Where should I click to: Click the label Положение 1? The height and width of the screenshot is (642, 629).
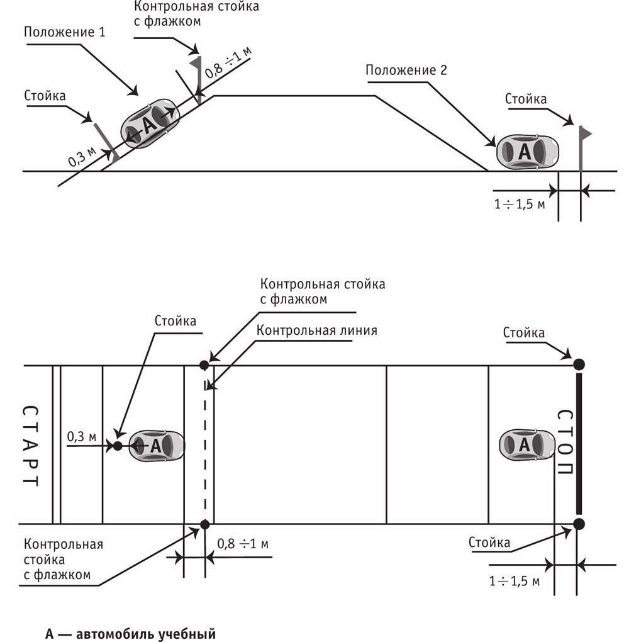tap(65, 32)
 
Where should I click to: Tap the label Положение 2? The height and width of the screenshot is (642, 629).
tap(406, 70)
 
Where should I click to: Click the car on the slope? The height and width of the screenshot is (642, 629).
tap(150, 123)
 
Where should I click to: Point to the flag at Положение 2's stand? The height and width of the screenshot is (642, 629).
tap(586, 133)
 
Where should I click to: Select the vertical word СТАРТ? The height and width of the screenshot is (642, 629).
tap(30, 446)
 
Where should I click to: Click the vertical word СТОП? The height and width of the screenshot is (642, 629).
tap(564, 445)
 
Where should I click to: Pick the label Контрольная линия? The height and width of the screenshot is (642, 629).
tap(317, 330)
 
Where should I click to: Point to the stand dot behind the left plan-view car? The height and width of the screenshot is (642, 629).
tap(117, 446)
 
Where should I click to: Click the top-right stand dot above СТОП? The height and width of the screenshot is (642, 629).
tap(579, 364)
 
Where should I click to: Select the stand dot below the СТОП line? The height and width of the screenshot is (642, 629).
tap(579, 524)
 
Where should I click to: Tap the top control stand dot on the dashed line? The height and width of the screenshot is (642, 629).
tap(204, 364)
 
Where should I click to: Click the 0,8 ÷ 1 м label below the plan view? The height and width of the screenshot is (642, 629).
tap(243, 543)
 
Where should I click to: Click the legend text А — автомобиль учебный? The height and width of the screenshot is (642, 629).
tap(130, 633)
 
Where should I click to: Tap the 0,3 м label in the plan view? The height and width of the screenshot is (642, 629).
tap(82, 436)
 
